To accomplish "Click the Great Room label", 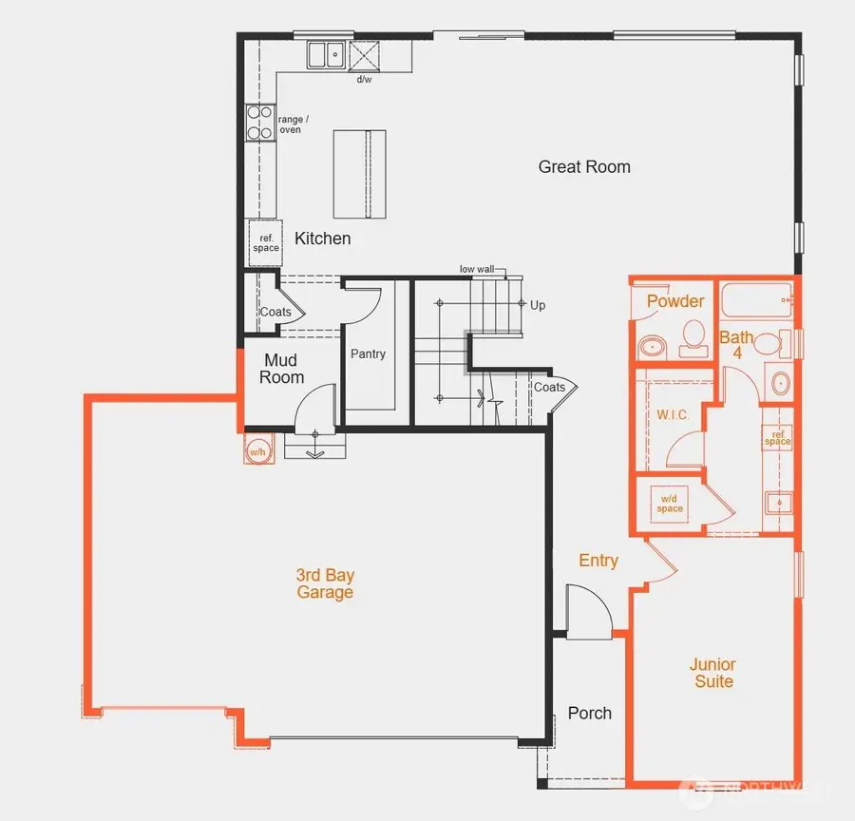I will point(584,167).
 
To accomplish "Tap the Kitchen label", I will point(322,239).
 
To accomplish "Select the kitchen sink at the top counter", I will point(326,55).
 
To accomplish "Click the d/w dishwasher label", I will point(364,80).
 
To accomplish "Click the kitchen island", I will point(359,174).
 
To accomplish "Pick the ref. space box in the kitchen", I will point(266,241).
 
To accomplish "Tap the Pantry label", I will point(368,354).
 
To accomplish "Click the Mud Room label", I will point(281,369).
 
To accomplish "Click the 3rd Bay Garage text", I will point(325,583).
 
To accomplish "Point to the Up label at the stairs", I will point(538,306).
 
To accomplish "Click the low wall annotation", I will point(477,270).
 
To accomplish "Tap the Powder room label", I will point(675,302).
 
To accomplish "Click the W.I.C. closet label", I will point(673,416).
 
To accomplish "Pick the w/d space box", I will point(670,503).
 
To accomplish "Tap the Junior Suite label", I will point(712,673).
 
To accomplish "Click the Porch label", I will point(589,714).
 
